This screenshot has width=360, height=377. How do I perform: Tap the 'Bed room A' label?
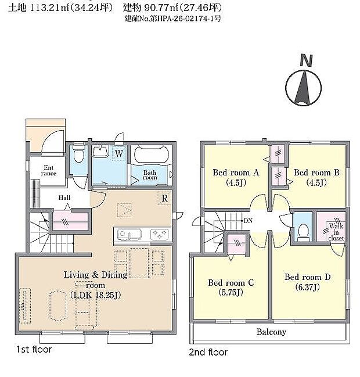pos(235,173)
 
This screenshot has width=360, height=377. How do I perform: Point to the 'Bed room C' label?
pos(231,283)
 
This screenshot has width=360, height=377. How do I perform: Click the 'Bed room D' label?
pos(307,277)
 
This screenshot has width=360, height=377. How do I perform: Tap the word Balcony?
pos(271,332)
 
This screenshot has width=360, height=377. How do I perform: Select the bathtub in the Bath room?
pos(151,156)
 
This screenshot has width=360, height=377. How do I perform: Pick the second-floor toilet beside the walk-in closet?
pos(302,232)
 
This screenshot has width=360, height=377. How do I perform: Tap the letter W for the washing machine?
pos(118,154)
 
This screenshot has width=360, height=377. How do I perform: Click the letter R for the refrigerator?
pos(165,198)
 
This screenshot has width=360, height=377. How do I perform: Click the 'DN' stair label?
pos(248,221)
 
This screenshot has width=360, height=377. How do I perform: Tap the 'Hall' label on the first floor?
pos(64,198)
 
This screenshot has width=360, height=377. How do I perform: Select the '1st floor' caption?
pos(34,350)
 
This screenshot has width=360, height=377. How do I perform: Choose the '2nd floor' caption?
pos(208,352)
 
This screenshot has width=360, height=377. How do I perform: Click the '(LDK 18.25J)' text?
pos(96,295)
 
